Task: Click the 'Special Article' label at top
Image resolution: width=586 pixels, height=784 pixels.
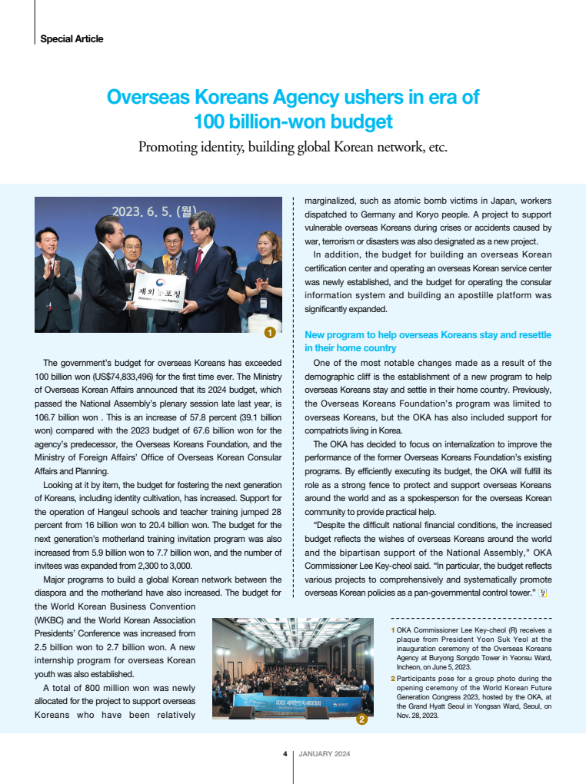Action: pyautogui.click(x=72, y=38)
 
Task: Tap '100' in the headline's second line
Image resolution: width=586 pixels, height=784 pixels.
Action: pyautogui.click(x=211, y=121)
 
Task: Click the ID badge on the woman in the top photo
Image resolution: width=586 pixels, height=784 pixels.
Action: pyautogui.click(x=262, y=302)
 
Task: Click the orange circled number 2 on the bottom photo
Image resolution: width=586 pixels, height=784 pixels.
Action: pyautogui.click(x=362, y=719)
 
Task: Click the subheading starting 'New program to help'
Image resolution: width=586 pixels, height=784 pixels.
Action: pyautogui.click(x=428, y=341)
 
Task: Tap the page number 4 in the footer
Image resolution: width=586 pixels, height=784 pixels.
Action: pyautogui.click(x=285, y=754)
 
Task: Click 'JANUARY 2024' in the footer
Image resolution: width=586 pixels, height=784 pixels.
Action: pyautogui.click(x=324, y=754)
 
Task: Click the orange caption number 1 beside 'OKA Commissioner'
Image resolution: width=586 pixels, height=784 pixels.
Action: pyautogui.click(x=394, y=630)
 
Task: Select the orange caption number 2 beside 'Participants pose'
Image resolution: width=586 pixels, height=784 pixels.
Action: pyautogui.click(x=394, y=679)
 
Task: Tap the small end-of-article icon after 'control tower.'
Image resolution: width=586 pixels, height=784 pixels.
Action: pyautogui.click(x=543, y=593)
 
